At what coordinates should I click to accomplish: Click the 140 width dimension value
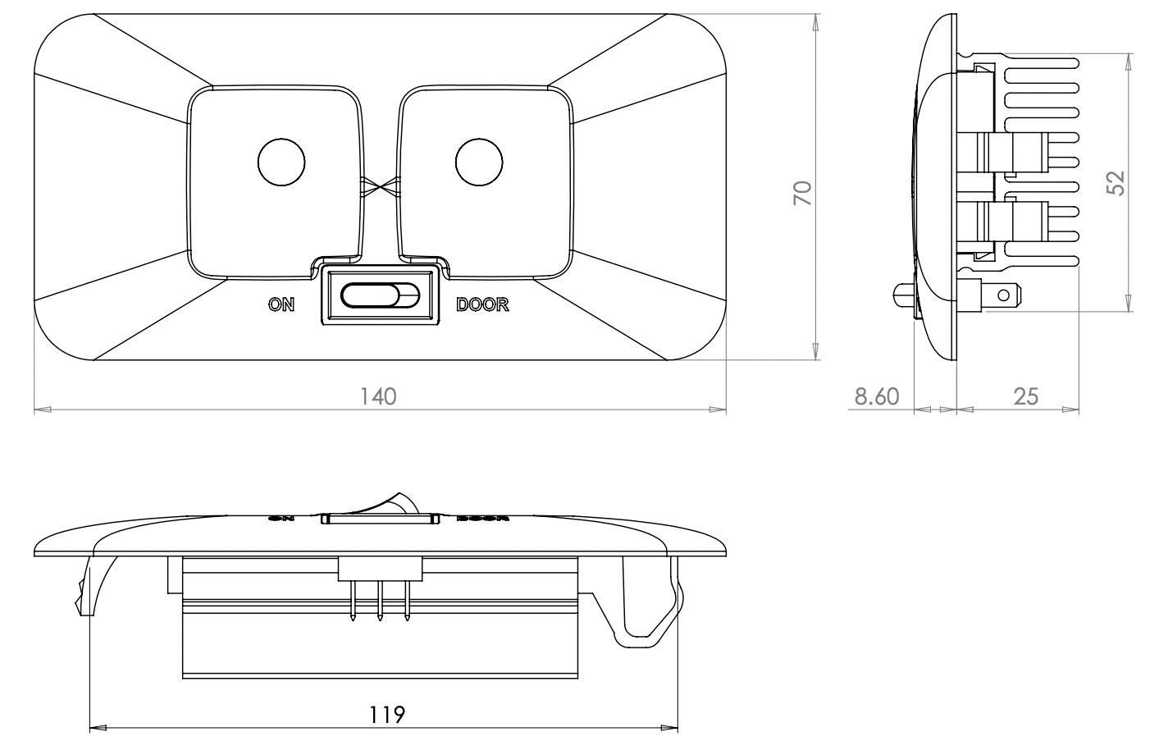click(x=379, y=396)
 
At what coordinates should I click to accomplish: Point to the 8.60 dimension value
click(x=877, y=397)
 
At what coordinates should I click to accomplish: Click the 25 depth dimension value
click(x=1026, y=397)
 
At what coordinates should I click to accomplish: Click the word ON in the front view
click(x=281, y=304)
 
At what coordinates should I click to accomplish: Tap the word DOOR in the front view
click(x=482, y=304)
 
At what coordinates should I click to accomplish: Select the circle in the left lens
click(x=281, y=162)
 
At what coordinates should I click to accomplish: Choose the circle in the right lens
click(x=479, y=162)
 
